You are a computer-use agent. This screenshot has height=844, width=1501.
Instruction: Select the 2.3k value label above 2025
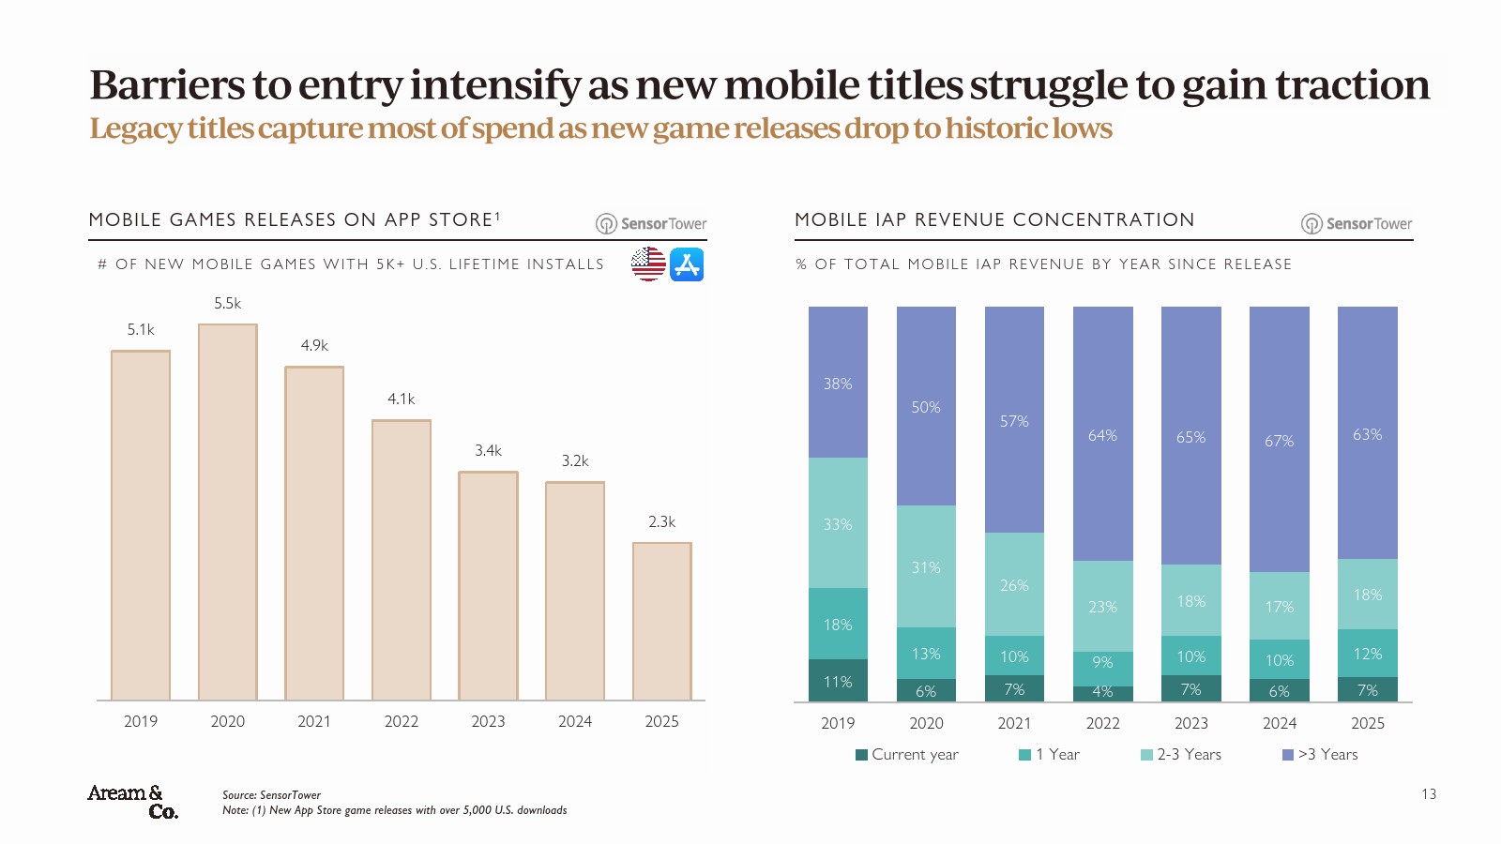pos(661,521)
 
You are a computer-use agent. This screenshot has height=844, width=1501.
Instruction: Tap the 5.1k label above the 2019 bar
pos(141,329)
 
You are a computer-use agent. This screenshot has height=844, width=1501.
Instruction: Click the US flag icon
pos(648,264)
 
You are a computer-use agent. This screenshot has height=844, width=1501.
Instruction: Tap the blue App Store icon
pos(687,264)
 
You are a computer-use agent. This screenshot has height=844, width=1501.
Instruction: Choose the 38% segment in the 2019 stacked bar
pos(838,383)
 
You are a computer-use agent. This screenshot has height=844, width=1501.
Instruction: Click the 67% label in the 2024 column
pos(1279,441)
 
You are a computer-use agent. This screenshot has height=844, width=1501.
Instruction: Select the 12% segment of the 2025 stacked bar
pos(1367,653)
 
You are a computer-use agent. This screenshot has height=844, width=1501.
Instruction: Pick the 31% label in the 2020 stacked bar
pos(926,567)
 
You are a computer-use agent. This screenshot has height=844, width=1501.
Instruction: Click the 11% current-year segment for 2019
pos(838,681)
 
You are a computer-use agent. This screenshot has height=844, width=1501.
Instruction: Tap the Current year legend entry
pos(907,754)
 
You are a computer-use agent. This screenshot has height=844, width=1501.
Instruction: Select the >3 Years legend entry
pos(1320,754)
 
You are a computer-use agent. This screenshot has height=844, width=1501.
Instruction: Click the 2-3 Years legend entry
pos(1181,754)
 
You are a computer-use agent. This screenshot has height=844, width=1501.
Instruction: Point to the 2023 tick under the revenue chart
pos(1190,723)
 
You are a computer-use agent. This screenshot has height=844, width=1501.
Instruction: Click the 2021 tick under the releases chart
pos(314,721)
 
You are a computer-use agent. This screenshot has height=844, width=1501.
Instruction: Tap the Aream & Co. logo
pos(132,802)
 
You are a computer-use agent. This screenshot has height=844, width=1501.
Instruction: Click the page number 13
pos(1428,794)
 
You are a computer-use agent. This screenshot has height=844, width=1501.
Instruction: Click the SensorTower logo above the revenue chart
pos(1357,223)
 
